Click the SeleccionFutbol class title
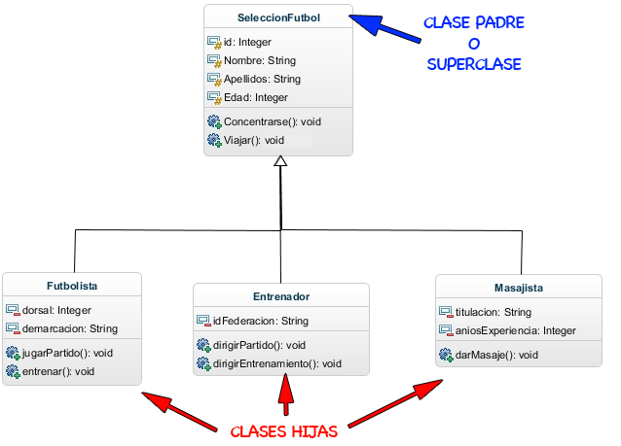[x=278, y=17]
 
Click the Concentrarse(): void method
[x=272, y=121]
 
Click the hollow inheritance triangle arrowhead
[x=280, y=161]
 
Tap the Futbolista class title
[x=72, y=287]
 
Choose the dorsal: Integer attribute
[x=55, y=310]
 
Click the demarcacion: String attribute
[x=69, y=328]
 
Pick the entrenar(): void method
[x=57, y=371]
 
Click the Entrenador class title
[x=280, y=296]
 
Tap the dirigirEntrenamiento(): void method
[x=277, y=363]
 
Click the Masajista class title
[x=512, y=288]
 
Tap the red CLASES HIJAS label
[x=284, y=431]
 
